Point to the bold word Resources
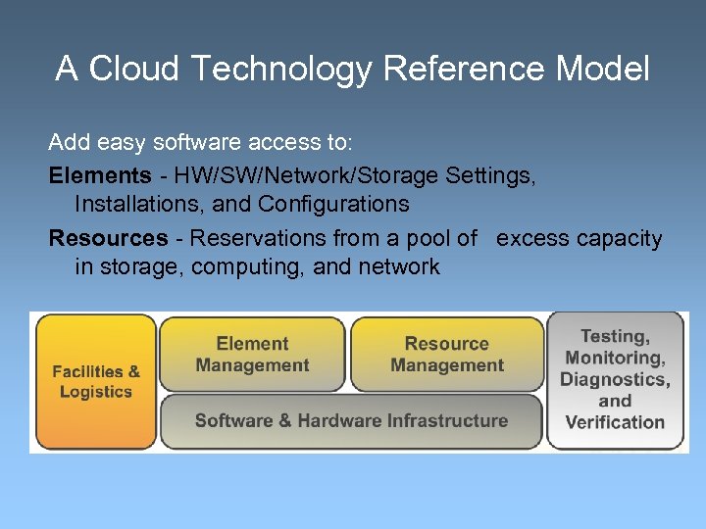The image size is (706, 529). pos(108,238)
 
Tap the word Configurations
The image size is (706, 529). pos(333,204)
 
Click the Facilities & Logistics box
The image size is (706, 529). pos(95,381)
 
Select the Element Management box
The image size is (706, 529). pos(252,354)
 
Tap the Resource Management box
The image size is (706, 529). pos(446,354)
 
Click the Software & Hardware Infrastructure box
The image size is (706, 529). pos(351,421)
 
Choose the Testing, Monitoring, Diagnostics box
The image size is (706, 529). pos(615,380)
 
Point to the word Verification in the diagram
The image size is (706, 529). pos(615,423)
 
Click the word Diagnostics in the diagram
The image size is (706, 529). pos(615,380)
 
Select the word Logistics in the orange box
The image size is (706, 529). pos(95,392)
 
